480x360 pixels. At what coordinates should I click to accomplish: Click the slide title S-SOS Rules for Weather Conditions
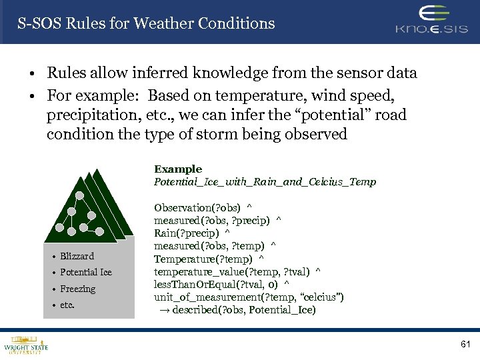pos(146,23)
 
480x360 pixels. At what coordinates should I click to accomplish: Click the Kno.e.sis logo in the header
pos(433,21)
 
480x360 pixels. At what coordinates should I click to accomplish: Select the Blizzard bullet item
pos(77,256)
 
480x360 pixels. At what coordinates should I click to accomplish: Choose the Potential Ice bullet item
pos(85,272)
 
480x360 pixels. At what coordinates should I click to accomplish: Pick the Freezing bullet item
pos(77,289)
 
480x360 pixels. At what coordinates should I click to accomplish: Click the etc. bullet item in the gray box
pos(67,305)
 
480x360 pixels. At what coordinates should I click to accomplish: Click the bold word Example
pos(178,169)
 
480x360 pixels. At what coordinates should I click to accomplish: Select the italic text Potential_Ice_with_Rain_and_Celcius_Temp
pos(265,181)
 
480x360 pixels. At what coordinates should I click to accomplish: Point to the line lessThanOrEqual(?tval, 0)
pos(217,284)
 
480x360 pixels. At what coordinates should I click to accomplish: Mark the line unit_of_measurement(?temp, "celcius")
pos(249,297)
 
